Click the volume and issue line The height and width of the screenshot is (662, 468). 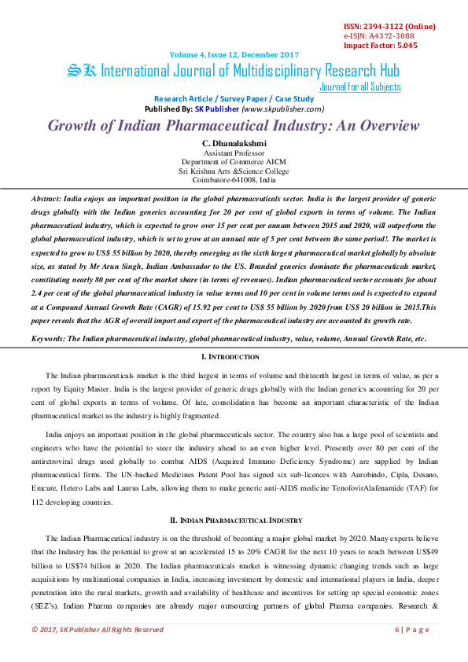pos(234,54)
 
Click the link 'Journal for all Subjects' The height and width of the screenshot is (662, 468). pos(360,86)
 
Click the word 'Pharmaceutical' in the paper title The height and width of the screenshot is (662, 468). pos(233,126)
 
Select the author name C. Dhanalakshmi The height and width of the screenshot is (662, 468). pos(234,143)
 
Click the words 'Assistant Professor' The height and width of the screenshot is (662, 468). pos(234,153)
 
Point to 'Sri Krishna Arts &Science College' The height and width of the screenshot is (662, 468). pos(234,170)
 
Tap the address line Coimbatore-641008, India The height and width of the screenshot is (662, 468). pos(234,178)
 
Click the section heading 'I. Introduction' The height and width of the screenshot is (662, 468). pos(234,357)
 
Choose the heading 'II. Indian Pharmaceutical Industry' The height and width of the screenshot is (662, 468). pos(234,520)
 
